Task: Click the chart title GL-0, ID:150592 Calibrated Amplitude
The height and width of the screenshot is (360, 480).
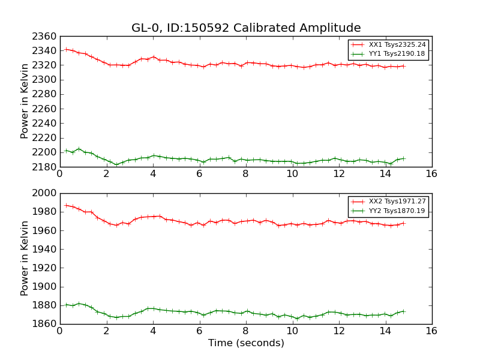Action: coord(246,28)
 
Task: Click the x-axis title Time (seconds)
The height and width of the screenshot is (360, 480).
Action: coord(246,343)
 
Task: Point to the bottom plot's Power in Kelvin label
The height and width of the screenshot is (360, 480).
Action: coord(25,258)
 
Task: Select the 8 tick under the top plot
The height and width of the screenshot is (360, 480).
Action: coord(245,175)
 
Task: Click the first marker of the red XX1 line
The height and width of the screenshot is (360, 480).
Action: coord(66,49)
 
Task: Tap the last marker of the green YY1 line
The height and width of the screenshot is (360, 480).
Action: coord(403,158)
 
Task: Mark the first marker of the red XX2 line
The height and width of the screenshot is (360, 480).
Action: coord(66,205)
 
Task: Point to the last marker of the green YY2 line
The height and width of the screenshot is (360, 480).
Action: coord(403,311)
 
